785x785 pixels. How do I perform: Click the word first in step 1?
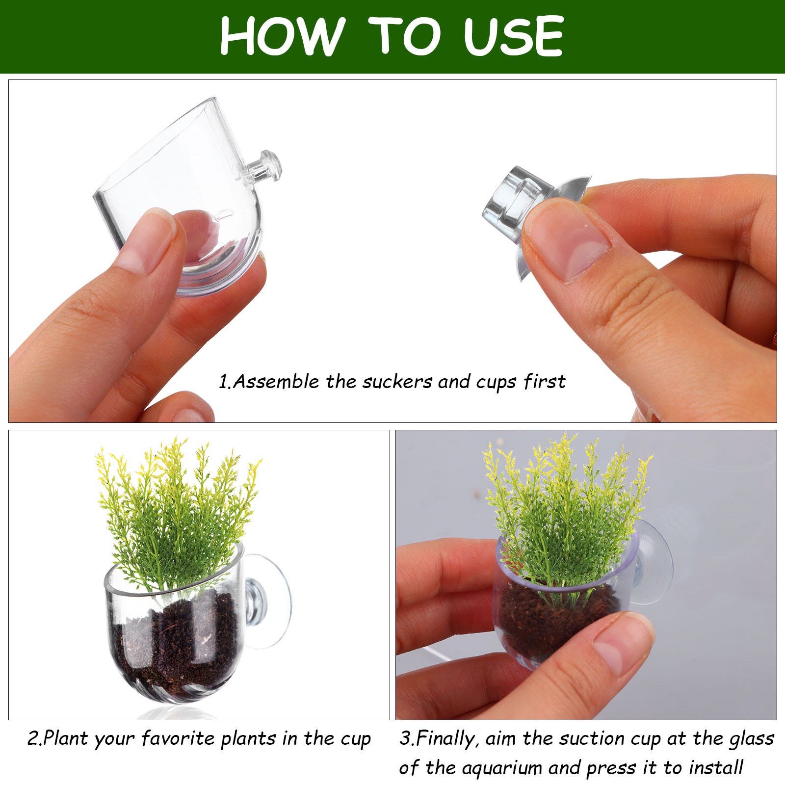(545, 381)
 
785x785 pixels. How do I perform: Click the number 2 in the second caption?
(33, 738)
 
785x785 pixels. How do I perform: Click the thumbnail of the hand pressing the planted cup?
(623, 643)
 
